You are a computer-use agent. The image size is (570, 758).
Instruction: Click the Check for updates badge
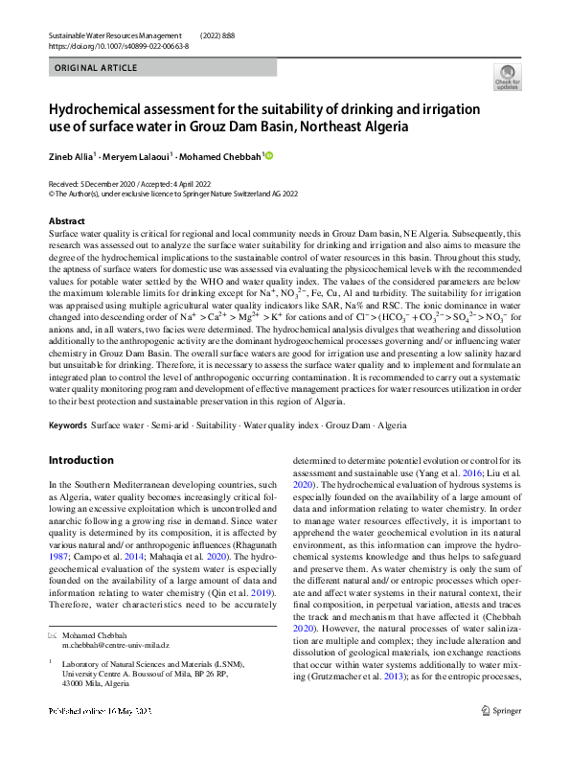(508, 76)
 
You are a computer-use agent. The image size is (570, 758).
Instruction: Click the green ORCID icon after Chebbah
(269, 154)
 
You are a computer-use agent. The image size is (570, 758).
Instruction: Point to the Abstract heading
(66, 221)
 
